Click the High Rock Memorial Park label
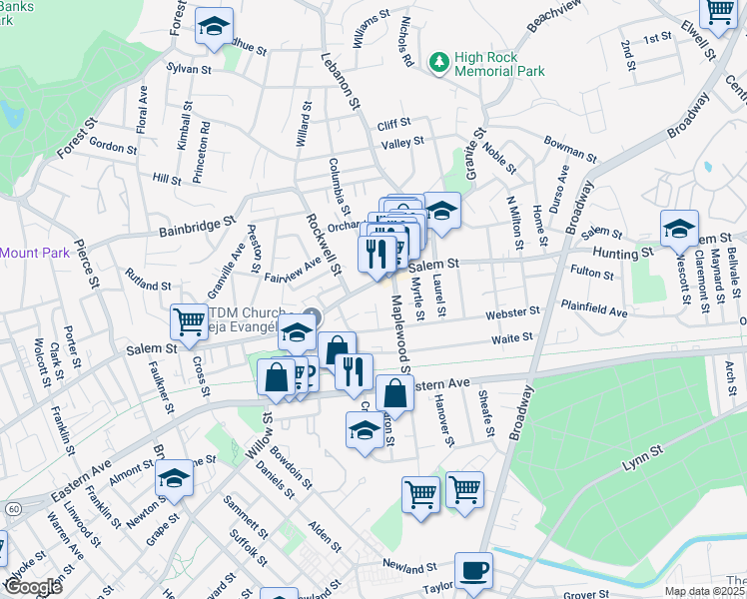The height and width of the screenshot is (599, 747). pos(499,64)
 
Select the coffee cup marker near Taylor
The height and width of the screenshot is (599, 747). pos(473,572)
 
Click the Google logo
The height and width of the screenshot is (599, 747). pos(32,586)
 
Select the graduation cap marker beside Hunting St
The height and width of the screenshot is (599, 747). pos(679,230)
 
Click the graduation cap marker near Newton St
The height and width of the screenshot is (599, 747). pos(175,481)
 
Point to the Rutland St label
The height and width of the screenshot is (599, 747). pos(148,279)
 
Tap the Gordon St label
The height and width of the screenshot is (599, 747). pos(112,146)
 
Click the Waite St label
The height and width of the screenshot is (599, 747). pos(510,339)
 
